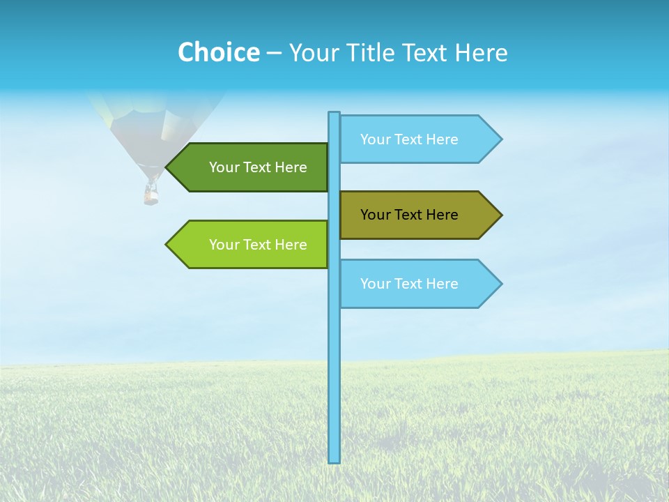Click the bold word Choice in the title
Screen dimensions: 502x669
coord(218,52)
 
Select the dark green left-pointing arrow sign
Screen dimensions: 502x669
coord(251,167)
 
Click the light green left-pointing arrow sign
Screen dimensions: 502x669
coord(251,245)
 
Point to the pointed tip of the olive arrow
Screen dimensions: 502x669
coord(500,215)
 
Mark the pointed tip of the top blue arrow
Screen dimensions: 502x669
coord(500,139)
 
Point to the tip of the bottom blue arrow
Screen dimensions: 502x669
coord(500,284)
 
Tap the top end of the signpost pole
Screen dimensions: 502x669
coord(334,114)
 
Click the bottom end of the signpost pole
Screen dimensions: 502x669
coord(334,461)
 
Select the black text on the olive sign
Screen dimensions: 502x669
coord(409,215)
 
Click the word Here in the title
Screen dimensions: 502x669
coord(481,52)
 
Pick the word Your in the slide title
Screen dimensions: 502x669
coord(310,52)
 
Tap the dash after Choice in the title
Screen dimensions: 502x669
coord(274,53)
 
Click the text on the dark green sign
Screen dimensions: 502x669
coord(258,167)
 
